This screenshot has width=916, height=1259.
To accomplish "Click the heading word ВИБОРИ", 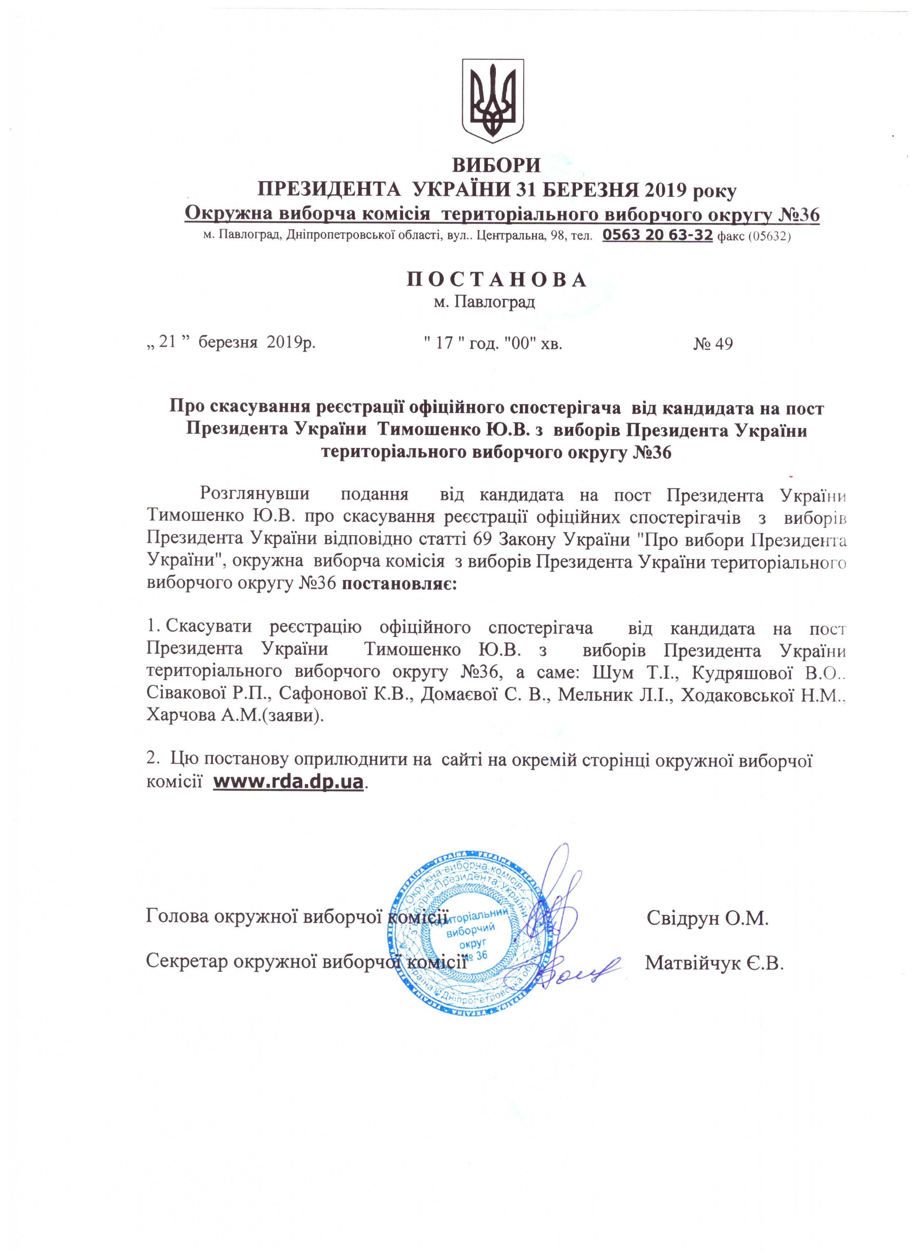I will click(x=496, y=165).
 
